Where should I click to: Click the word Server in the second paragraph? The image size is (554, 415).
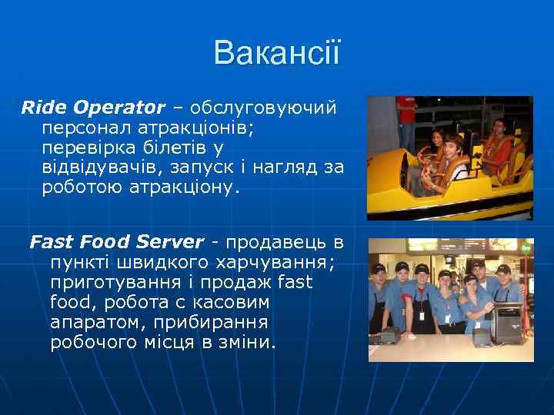[167, 242]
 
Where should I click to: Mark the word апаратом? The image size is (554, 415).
[91, 323]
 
